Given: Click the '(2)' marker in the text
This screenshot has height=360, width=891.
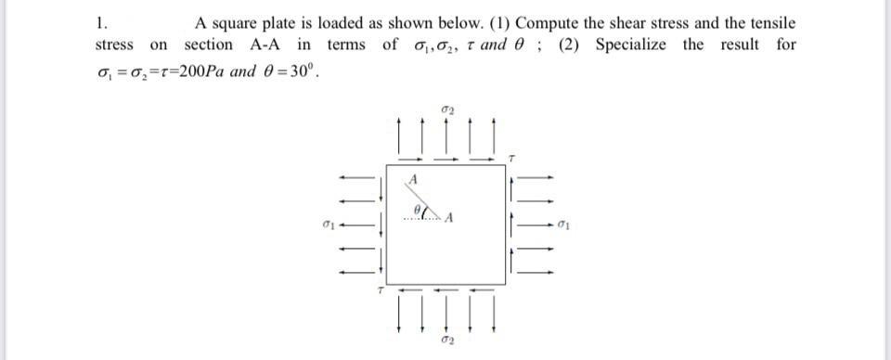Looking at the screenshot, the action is tap(570, 45).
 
